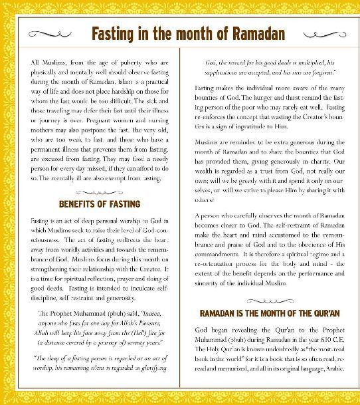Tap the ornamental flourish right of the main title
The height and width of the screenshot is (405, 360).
(x=320, y=33)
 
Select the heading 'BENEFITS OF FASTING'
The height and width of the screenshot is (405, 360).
(x=100, y=203)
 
